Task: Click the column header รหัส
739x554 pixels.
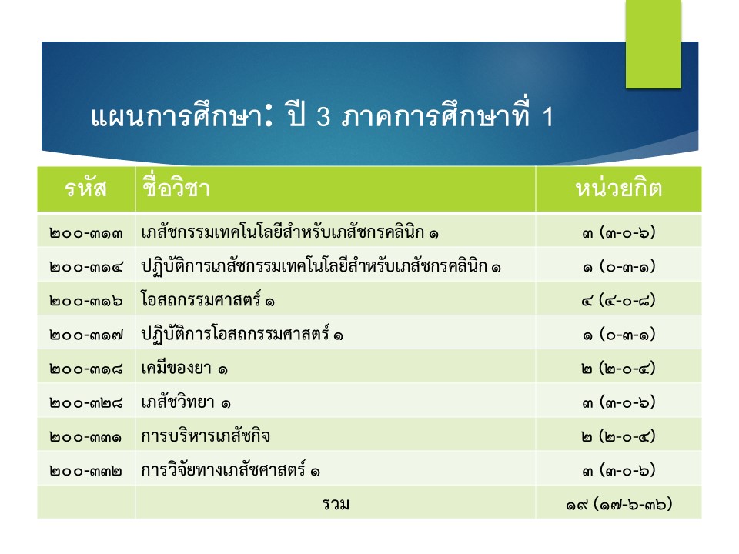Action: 85,189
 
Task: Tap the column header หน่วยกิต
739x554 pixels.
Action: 618,188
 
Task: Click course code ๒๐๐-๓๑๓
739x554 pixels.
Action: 85,233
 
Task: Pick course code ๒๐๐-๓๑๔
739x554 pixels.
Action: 85,267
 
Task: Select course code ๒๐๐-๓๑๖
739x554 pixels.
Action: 85,301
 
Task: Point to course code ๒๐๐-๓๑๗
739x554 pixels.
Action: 85,335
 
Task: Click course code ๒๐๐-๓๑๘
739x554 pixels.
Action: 85,369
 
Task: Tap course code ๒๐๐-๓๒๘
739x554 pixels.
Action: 85,402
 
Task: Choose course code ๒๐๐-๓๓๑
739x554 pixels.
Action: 85,437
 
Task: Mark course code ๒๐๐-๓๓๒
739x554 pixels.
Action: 85,471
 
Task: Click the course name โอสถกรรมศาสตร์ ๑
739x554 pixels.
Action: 207,299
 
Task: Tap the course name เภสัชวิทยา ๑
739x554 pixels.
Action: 186,402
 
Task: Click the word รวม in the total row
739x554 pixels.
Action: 336,504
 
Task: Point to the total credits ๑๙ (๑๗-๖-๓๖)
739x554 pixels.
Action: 618,505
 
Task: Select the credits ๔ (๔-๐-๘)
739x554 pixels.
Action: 618,301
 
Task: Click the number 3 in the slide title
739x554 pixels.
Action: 323,116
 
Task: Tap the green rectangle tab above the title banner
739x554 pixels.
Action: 654,44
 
